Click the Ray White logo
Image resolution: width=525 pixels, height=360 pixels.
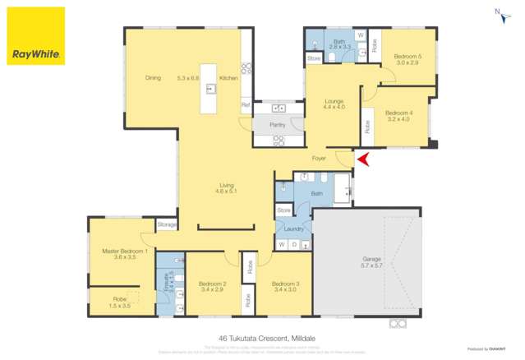point(35,36)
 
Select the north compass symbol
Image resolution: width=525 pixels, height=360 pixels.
point(500,13)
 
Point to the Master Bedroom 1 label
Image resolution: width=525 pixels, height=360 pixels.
point(124,251)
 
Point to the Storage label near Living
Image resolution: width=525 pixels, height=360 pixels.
point(167,224)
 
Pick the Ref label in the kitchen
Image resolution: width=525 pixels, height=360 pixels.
point(245,105)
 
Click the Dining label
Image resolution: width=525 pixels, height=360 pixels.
point(153,78)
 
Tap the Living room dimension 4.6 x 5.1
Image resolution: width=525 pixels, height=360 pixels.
point(227,191)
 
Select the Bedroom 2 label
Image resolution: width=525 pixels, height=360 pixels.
point(211,284)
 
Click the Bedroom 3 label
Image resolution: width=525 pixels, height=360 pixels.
point(284,284)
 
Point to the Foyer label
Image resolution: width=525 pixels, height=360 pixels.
point(320,159)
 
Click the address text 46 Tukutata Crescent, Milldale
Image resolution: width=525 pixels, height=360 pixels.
point(262,337)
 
